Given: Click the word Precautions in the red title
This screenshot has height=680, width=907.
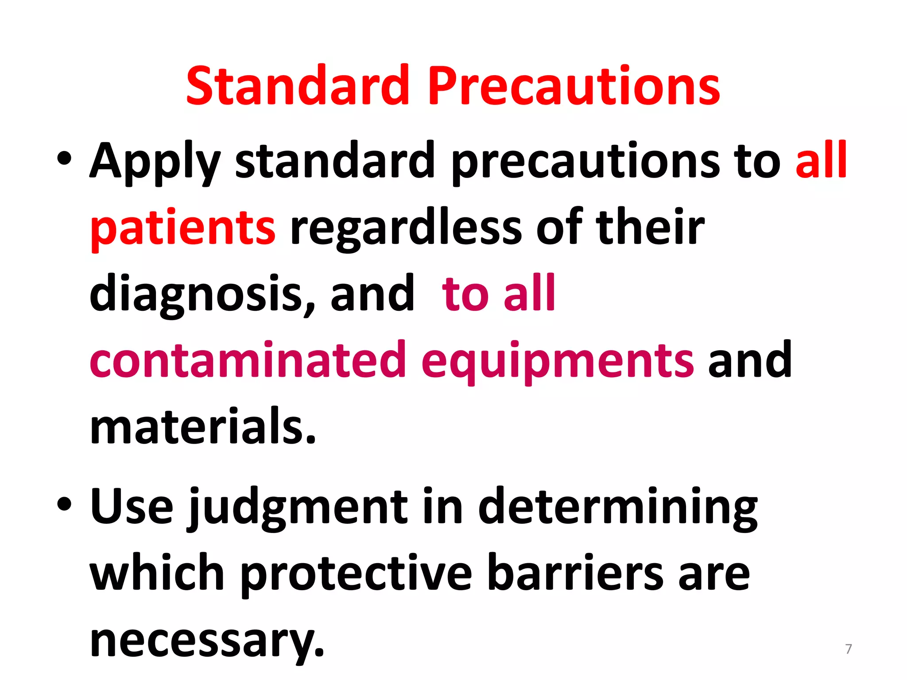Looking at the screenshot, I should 574,86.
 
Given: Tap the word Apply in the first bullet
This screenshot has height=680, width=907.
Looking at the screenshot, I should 155,162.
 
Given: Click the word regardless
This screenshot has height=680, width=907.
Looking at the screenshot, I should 406,228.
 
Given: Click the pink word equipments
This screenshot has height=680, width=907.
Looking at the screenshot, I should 558,361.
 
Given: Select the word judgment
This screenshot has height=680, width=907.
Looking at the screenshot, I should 297,507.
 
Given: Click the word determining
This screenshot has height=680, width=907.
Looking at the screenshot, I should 618,507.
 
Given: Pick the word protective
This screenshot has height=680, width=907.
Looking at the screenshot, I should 357,574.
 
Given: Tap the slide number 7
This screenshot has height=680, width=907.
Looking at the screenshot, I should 848,649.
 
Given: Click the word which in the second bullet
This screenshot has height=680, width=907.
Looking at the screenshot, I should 157,573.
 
